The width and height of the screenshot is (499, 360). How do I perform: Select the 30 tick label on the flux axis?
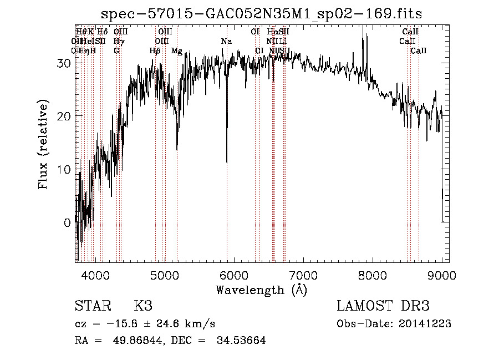point(64,63)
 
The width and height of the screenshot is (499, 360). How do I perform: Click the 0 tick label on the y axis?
point(68,222)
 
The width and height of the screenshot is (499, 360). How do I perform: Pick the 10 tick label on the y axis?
point(64,169)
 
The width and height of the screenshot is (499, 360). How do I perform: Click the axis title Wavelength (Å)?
point(261,290)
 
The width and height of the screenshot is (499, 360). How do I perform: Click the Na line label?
point(226,42)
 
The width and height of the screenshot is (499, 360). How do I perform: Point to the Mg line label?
point(177,51)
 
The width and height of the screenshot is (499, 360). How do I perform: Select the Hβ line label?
point(155,51)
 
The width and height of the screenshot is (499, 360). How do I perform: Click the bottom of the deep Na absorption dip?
point(227,161)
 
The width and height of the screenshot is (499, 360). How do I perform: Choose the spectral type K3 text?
point(143,306)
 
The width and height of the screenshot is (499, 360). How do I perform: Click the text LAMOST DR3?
point(383,306)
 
